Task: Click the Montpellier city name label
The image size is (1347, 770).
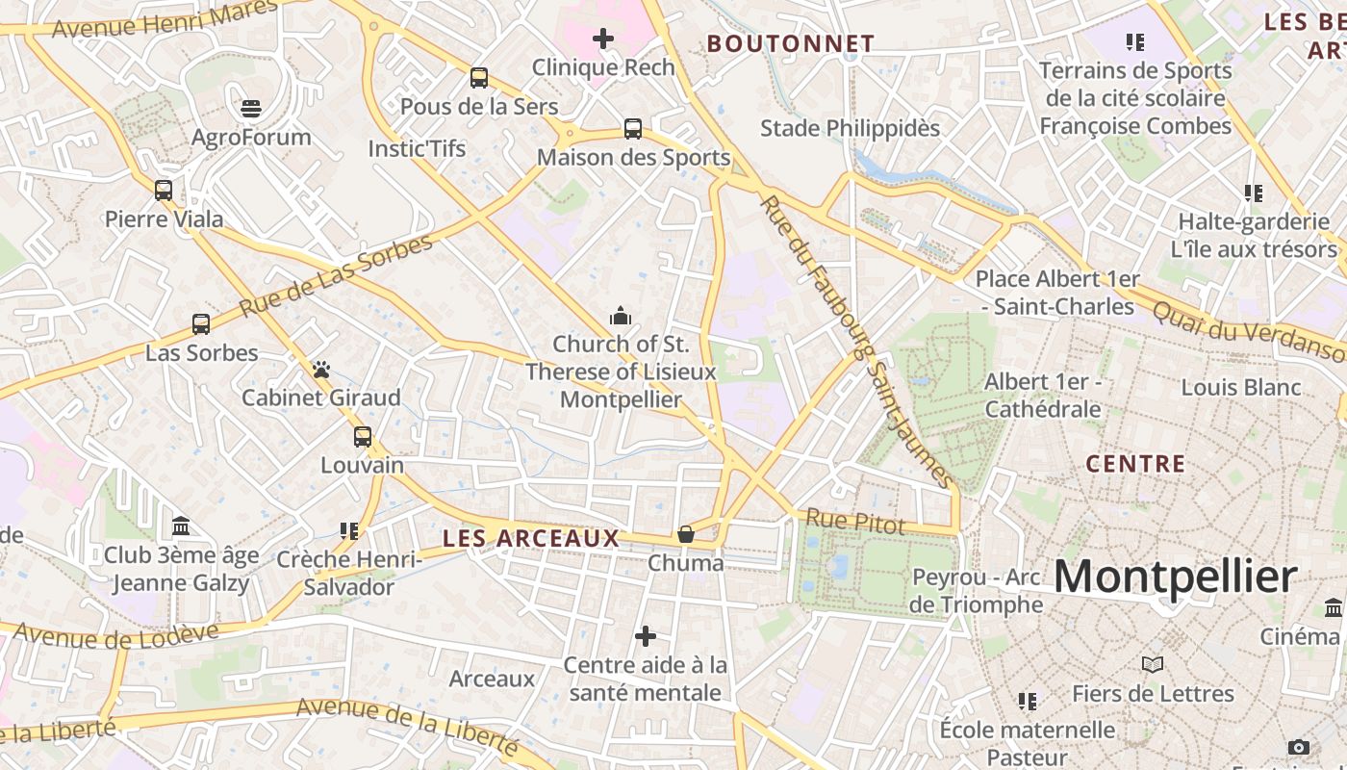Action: coord(1175,577)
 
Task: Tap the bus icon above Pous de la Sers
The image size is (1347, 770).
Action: coord(479,78)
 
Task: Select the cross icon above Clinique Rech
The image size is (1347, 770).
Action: coord(603,38)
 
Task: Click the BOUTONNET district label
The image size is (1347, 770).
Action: coord(791,43)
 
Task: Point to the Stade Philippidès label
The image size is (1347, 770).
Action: coord(850,128)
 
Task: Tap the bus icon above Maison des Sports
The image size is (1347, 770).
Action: coord(633,129)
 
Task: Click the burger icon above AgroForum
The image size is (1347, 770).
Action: coord(251,108)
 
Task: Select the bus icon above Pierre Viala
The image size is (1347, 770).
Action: coord(164,191)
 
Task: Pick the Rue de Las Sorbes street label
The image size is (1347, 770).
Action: coord(336,276)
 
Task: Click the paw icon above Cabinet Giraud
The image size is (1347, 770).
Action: coord(321,370)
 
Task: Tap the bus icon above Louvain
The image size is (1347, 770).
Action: coord(363,437)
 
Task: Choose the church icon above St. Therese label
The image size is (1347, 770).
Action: coord(621,316)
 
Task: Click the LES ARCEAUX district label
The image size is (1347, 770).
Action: coord(530,539)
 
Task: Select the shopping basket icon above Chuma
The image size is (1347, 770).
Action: coord(686,534)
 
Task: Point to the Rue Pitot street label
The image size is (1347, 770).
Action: coord(855,523)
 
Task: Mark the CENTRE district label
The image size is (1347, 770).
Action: coord(1135,464)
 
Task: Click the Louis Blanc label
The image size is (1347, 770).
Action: coord(1241,388)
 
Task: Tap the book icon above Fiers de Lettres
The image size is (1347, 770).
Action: coord(1153,665)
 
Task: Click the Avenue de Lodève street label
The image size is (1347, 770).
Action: coord(116,635)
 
